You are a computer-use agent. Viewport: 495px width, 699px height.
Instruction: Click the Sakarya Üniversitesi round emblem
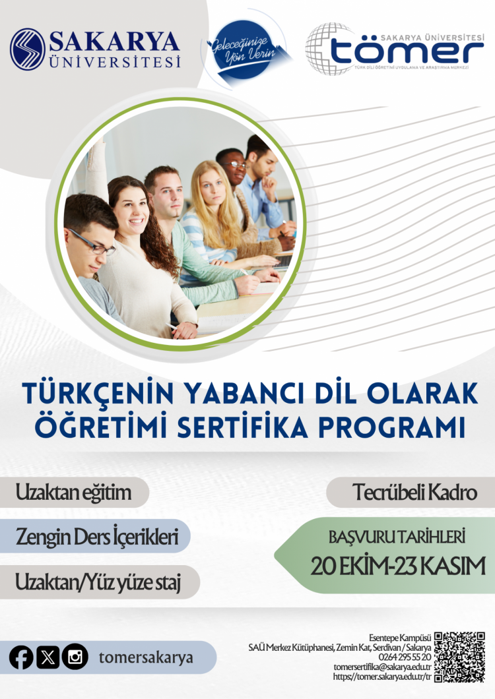(28, 49)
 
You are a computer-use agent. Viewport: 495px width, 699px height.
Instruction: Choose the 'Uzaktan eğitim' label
(73, 492)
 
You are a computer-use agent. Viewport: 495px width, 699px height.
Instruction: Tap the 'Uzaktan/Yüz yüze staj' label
(98, 582)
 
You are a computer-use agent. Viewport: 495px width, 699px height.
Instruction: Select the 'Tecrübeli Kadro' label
(414, 493)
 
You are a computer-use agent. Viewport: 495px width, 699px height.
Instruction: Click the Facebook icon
(21, 657)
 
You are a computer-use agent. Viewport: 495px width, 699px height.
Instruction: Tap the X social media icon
(48, 657)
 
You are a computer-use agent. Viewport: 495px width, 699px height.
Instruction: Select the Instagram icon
(75, 657)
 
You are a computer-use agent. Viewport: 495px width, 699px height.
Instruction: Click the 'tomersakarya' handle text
(146, 657)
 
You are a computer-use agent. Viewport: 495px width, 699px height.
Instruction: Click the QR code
(459, 656)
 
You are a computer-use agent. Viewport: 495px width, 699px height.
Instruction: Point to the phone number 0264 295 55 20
(405, 657)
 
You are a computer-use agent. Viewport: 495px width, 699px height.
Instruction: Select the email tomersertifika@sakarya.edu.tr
(383, 667)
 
